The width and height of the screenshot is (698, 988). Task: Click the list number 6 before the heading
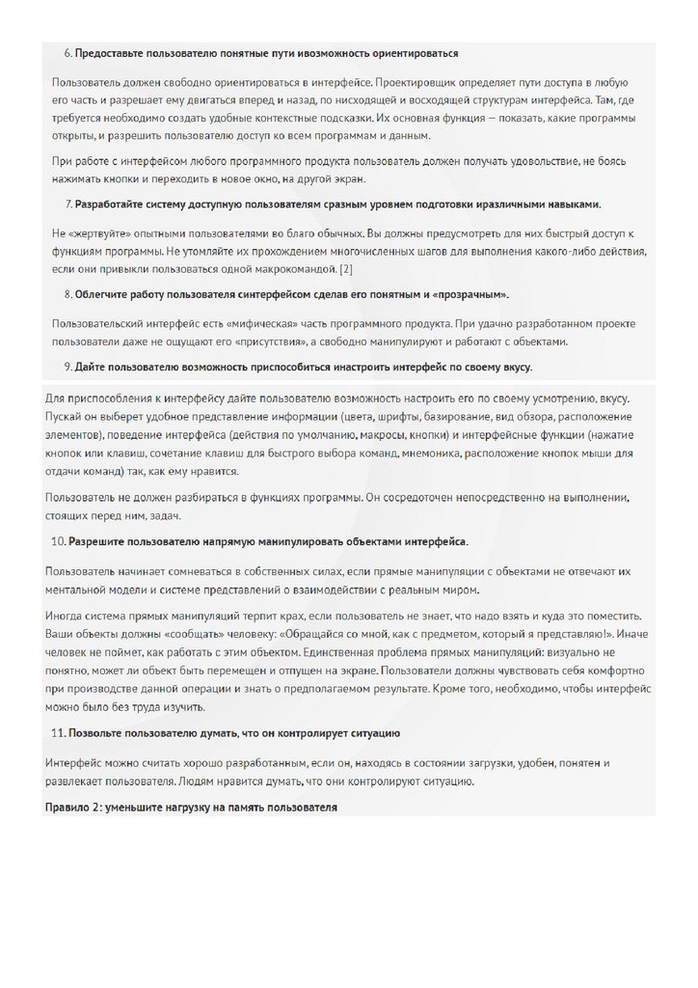click(67, 53)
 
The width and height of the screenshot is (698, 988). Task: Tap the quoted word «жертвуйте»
click(95, 234)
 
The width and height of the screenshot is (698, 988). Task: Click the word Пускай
click(63, 415)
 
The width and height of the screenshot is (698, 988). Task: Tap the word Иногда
click(67, 616)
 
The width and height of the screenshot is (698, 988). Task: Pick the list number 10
click(57, 541)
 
